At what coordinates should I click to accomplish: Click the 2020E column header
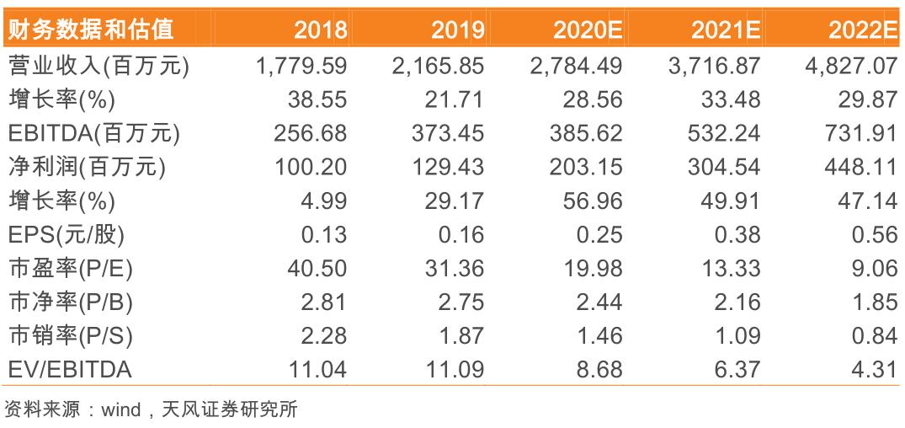coord(587,30)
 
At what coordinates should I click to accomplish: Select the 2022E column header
coord(862,30)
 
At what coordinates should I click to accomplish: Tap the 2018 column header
coord(320,30)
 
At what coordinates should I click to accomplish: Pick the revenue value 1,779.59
coord(301,66)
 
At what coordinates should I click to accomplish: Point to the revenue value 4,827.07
coord(850,66)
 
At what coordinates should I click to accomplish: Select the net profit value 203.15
coord(588,167)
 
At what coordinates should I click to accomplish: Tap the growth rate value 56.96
coord(594,201)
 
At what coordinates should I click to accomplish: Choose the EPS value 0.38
coord(737,234)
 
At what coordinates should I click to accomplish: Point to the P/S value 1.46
coord(599,335)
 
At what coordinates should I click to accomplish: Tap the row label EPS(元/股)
coord(70,234)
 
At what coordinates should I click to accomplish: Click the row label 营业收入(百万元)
coord(97,66)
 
